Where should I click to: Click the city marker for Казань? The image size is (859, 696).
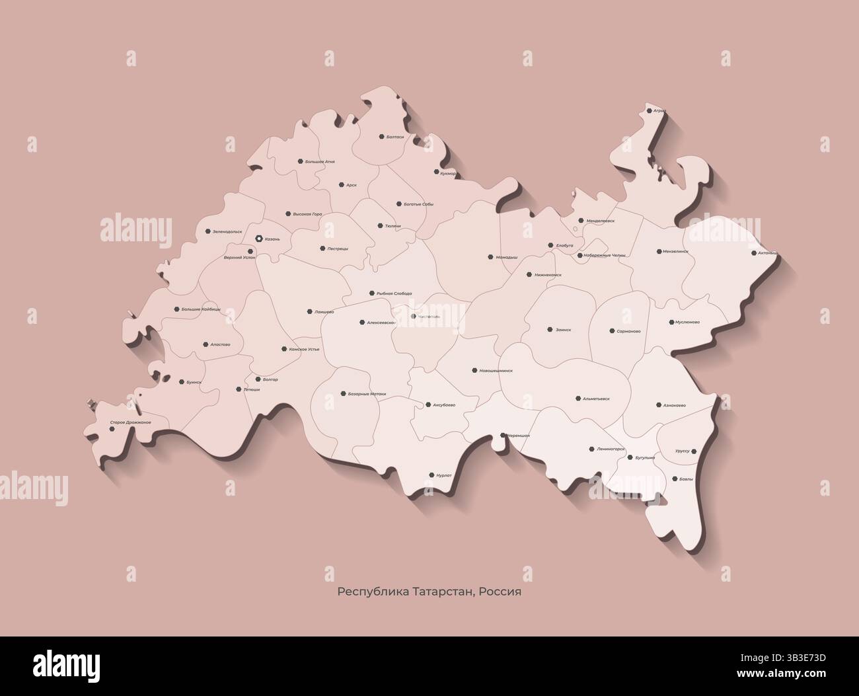(x=259, y=238)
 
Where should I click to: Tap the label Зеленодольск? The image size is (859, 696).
(x=227, y=232)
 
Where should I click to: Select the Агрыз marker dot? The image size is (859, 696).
(x=650, y=111)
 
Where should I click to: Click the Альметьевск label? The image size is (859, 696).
(x=596, y=399)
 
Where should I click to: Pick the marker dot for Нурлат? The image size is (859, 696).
(x=431, y=475)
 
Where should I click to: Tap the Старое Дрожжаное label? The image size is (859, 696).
(x=131, y=422)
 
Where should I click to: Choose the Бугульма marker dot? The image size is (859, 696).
(x=630, y=457)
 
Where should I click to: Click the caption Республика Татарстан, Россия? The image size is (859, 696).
(x=429, y=592)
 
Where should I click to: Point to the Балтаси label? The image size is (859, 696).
(x=395, y=137)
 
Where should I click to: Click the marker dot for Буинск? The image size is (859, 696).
(x=181, y=382)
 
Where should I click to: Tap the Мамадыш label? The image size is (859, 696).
(x=507, y=256)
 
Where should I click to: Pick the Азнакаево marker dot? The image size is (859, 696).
(x=659, y=405)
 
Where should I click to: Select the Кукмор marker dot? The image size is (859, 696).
(x=436, y=172)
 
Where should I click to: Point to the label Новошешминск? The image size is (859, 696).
(x=496, y=371)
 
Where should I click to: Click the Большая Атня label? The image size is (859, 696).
(x=320, y=161)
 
